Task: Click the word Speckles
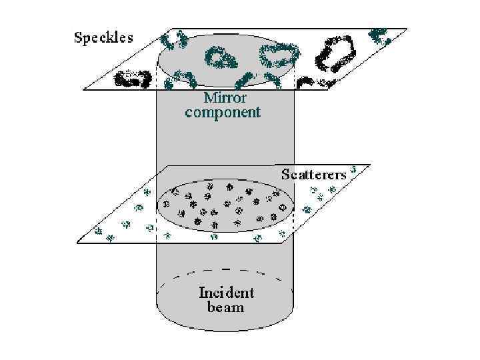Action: point(103,37)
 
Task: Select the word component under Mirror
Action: point(223,112)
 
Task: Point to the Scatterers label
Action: point(313,175)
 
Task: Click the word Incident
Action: point(226,293)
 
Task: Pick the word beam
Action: point(225,307)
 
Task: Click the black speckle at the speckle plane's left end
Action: point(132,79)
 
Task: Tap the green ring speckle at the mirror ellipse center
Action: point(221,59)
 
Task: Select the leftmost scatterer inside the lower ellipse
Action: point(167,203)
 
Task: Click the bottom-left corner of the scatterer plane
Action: point(79,243)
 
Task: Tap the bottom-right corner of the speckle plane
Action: point(329,89)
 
